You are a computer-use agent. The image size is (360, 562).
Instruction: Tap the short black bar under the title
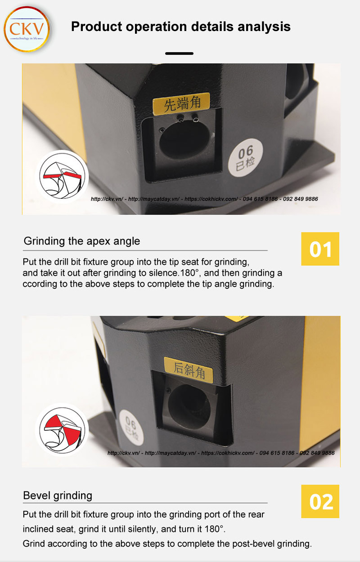pyautogui.click(x=179, y=54)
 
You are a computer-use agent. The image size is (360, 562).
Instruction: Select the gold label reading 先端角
pyautogui.click(x=180, y=104)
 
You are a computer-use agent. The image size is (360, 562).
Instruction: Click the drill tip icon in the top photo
pyautogui.click(x=62, y=176)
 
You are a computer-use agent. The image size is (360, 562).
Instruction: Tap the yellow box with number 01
pyautogui.click(x=320, y=249)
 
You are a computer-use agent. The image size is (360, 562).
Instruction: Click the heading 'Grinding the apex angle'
pyautogui.click(x=81, y=241)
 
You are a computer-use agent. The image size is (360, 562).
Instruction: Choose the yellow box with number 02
pyautogui.click(x=320, y=501)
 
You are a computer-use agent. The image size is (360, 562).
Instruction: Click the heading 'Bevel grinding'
pyautogui.click(x=58, y=495)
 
